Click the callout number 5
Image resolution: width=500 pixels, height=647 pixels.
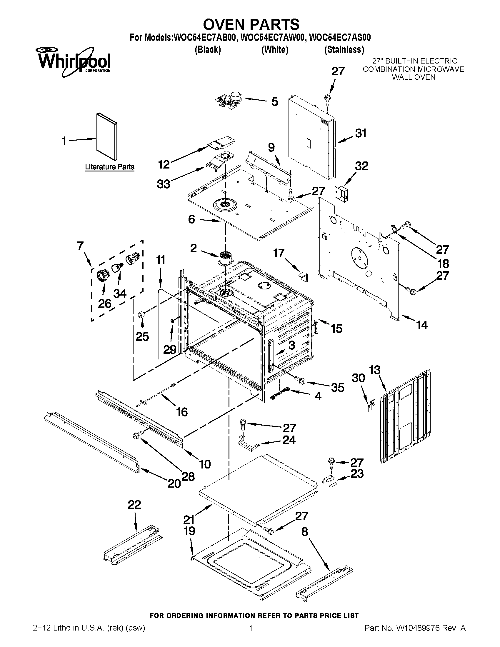pos(275,102)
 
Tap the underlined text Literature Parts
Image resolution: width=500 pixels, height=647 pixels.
pos(110,167)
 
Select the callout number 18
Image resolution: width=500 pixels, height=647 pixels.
pos(443,263)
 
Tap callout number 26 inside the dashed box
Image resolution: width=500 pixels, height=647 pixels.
pos(104,304)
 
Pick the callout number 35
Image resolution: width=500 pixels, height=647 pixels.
pos(337,387)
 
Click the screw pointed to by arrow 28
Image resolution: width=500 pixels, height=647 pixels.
pos(138,435)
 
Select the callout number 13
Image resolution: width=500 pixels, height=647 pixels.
pos(375,370)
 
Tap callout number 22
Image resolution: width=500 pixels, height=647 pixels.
pos(134,504)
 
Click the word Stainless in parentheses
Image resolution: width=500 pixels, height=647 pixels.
pos(344,49)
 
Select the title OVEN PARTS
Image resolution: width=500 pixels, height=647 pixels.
pos(251,24)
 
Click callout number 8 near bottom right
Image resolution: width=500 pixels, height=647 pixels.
pos(305,532)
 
